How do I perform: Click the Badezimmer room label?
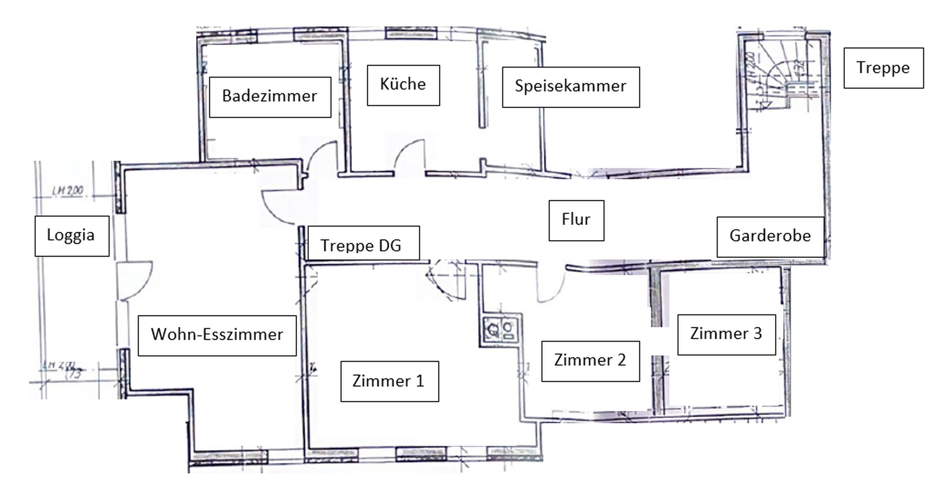coord(270,97)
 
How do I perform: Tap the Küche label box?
coord(403,85)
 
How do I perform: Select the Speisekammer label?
coord(571,87)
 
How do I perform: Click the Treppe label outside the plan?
coord(883,68)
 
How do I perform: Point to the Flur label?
coord(576,220)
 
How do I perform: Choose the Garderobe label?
coord(770,236)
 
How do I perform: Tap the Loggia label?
coord(71,236)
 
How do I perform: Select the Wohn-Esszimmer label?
coord(217,335)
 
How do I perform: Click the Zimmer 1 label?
coord(389,381)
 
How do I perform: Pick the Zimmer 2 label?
coord(590,361)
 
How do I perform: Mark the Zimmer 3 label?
coord(726,334)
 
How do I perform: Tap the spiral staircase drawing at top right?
coord(781,79)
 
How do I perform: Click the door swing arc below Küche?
coord(411,155)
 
